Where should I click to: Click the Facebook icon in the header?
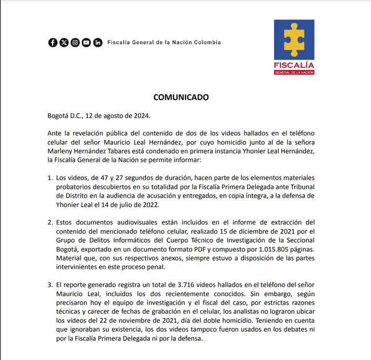pyautogui.click(x=53, y=42)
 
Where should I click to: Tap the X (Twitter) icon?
pyautogui.click(x=64, y=42)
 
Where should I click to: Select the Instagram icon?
pyautogui.click(x=75, y=42)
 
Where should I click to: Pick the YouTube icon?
pyautogui.click(x=86, y=42)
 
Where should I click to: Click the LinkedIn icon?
pyautogui.click(x=98, y=42)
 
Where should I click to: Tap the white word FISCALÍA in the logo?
pyautogui.click(x=293, y=65)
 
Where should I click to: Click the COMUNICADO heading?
pyautogui.click(x=180, y=97)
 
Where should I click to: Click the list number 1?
pyautogui.click(x=50, y=177)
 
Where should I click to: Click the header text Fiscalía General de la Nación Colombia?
pyautogui.click(x=164, y=42)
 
